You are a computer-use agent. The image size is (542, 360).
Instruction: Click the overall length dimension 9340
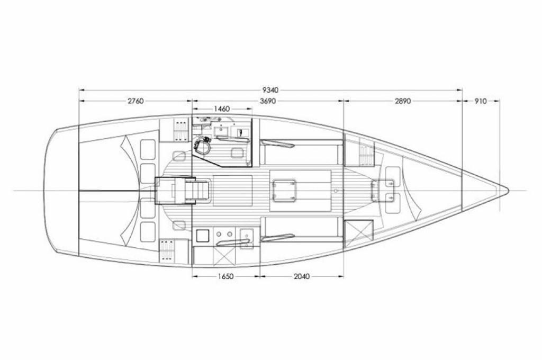(x=270, y=90)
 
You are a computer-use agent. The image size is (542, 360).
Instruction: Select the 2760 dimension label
(x=135, y=101)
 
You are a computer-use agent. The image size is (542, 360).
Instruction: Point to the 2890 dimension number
(x=403, y=101)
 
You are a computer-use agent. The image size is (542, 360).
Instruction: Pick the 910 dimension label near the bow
(x=481, y=101)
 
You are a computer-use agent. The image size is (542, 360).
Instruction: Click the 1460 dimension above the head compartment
(x=222, y=109)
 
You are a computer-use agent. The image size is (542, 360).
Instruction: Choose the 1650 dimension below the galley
(x=225, y=276)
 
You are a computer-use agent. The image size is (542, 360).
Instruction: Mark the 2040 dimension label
(x=301, y=276)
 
